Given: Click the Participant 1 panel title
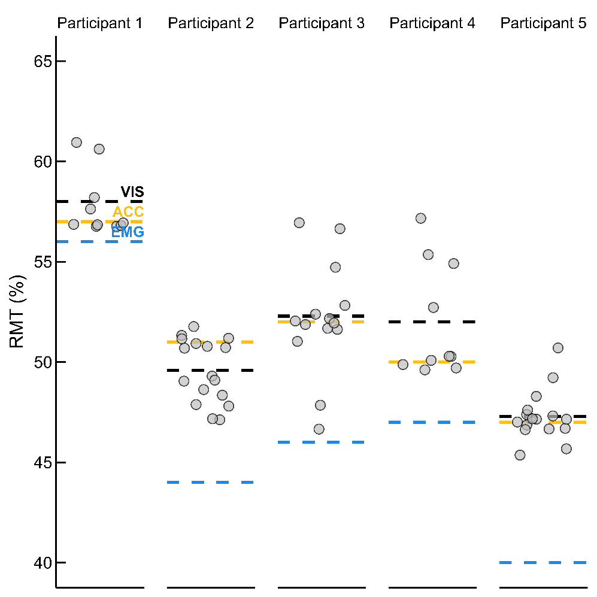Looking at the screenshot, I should tap(100, 23).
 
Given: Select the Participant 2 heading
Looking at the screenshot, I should tap(211, 23).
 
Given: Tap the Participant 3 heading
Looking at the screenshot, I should tap(322, 23).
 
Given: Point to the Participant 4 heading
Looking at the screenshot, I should tap(432, 23).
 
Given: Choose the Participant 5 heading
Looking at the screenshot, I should tap(543, 23).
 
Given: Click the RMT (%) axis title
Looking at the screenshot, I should tap(16, 312).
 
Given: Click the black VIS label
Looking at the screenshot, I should tap(132, 192).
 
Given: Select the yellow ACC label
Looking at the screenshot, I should tap(128, 212).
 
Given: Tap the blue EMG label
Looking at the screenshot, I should tap(128, 232).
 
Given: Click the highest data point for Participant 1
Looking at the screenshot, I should tap(77, 143).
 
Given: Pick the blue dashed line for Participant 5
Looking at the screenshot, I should tap(543, 562).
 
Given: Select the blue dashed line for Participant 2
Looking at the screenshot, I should tap(211, 482).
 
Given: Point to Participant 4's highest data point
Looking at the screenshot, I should tap(421, 219).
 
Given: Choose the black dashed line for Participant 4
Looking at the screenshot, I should tap(432, 322).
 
